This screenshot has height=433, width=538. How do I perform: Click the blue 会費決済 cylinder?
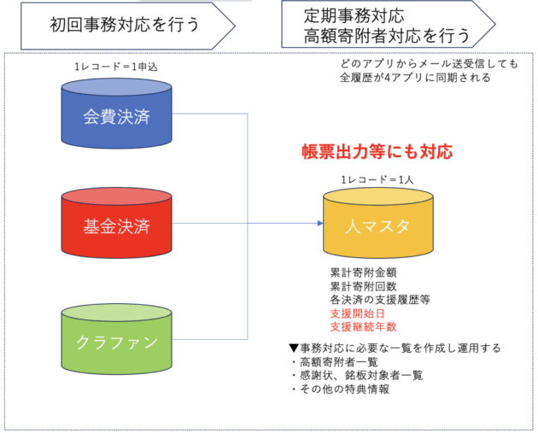[117, 114]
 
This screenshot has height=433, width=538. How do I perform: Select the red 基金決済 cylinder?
[117, 223]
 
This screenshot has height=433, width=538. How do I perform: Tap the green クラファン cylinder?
[117, 339]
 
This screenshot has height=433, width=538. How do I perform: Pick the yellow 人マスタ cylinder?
[378, 223]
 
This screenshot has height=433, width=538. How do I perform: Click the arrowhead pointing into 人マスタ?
[320, 224]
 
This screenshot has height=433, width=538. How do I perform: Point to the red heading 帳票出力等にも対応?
[377, 152]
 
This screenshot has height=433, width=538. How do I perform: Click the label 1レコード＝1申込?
[116, 67]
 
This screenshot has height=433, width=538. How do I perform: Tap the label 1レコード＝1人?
[377, 179]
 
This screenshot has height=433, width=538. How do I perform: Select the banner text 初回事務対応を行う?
[124, 25]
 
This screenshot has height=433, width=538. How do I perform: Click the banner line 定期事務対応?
[354, 15]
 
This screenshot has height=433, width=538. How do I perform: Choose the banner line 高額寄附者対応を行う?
[387, 36]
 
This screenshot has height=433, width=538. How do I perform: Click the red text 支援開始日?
[357, 313]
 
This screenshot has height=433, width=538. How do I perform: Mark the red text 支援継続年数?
[363, 327]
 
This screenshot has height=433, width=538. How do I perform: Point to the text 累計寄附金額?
[363, 272]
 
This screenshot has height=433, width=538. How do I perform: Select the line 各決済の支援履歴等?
[380, 300]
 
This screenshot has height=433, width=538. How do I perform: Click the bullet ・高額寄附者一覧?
[334, 362]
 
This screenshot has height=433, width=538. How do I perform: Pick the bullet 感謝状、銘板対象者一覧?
[361, 376]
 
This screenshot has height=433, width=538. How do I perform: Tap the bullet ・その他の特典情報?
[340, 389]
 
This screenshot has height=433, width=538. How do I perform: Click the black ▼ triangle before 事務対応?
[294, 348]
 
